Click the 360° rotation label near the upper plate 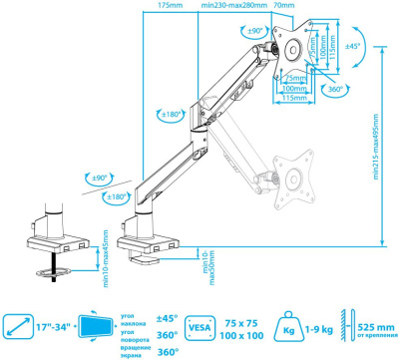coord(335,90)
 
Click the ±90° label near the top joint coord(256,33)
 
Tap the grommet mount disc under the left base coord(50,269)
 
